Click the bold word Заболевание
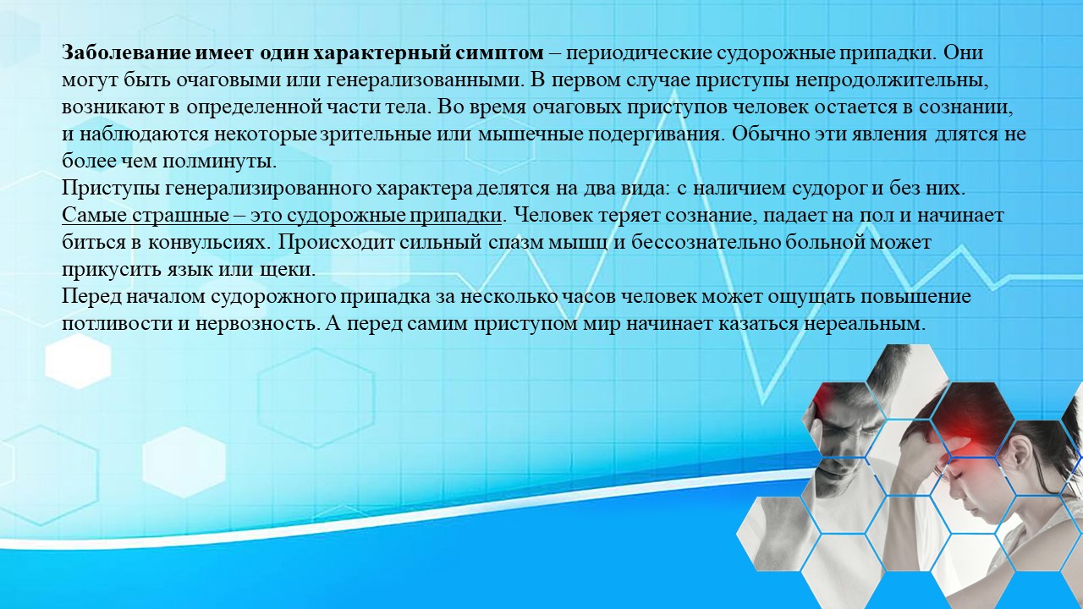127,52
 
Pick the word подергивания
657,134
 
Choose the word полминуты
218,162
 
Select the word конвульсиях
208,243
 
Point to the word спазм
516,243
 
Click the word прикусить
112,270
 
